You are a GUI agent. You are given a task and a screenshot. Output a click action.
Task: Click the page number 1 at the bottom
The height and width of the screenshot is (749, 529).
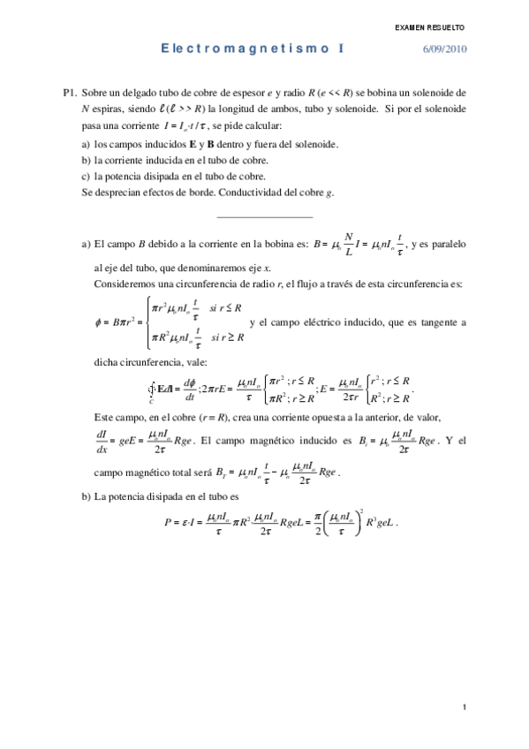(464, 707)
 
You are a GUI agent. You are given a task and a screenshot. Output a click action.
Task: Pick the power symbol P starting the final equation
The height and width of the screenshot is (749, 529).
(167, 523)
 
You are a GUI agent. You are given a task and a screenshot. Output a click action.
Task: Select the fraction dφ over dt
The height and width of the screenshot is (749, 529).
(189, 389)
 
